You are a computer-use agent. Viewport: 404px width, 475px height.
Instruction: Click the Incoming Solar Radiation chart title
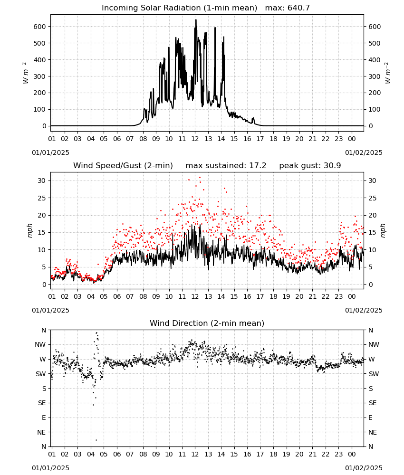179,8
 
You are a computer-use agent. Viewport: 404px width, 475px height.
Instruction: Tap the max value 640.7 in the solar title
298,8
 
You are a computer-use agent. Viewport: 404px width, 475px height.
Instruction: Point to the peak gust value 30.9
332,165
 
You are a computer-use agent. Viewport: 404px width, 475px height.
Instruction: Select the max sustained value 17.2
258,165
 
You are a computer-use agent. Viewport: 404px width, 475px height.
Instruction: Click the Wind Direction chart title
207,323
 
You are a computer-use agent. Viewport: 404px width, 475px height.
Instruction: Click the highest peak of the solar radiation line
196,19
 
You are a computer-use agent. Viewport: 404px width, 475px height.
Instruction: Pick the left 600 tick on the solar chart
40,27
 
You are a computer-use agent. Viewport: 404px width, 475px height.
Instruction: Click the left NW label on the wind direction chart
40,344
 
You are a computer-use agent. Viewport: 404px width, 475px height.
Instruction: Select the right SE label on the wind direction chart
373,403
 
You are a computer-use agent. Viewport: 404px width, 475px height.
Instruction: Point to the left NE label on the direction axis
41,432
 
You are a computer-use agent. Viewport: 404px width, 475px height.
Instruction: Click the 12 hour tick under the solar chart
195,139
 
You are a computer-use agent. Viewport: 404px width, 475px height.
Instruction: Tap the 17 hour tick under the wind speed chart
260,296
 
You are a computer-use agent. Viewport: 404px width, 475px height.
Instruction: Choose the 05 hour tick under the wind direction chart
104,454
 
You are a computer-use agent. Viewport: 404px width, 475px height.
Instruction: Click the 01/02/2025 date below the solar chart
364,152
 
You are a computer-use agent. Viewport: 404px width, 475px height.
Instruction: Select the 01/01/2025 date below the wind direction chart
50,468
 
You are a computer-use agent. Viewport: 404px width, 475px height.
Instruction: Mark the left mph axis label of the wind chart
29,230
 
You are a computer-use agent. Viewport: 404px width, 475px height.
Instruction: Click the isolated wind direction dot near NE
96,440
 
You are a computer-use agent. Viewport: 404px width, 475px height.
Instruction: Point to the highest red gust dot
200,177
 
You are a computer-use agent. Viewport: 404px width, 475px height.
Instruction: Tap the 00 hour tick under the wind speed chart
352,296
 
